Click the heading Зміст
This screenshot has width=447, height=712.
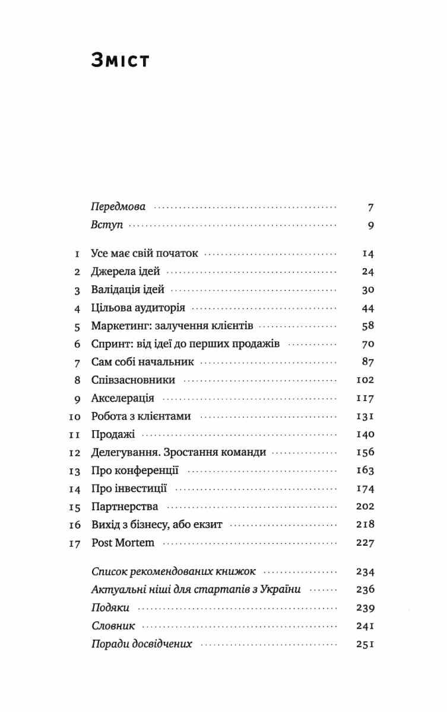tap(120, 61)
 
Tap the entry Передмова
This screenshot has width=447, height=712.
tap(118, 208)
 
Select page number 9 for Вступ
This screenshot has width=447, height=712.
tap(370, 225)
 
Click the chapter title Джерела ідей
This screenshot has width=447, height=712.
tap(126, 272)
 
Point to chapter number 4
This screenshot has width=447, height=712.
tap(76, 309)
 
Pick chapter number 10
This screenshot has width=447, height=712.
tap(74, 417)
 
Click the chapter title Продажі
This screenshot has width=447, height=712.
tap(113, 434)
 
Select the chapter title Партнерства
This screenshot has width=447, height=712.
tap(125, 507)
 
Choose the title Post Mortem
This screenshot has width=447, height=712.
tap(123, 543)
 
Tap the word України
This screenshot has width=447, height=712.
tap(281, 590)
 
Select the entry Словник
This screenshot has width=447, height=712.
tap(113, 626)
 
